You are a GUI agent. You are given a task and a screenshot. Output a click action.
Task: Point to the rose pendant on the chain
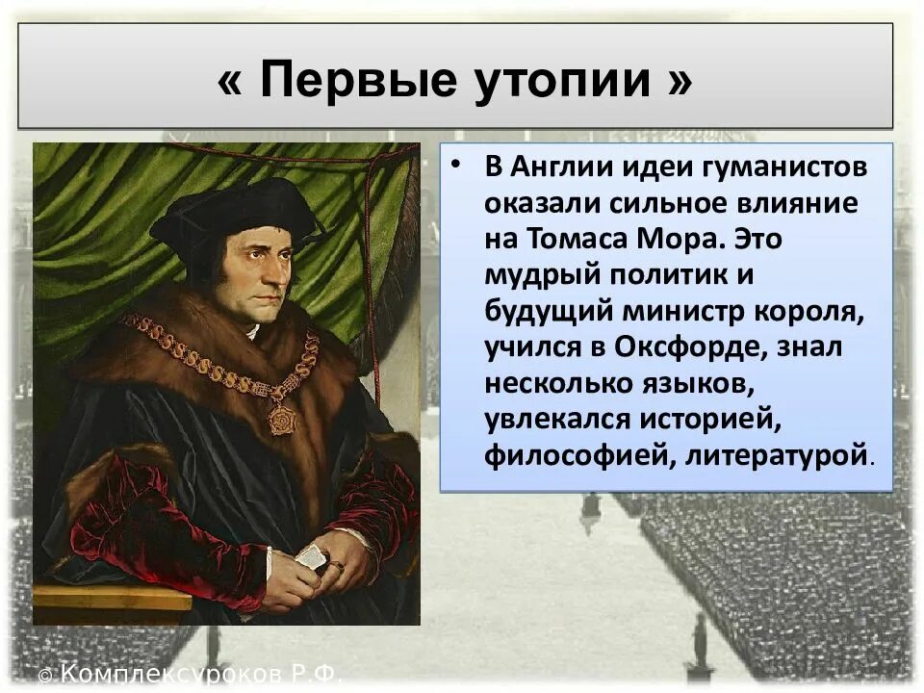[281, 418]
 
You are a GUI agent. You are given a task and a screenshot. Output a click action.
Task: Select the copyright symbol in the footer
[47, 673]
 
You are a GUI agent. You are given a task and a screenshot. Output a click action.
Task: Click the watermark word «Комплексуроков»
[172, 673]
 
